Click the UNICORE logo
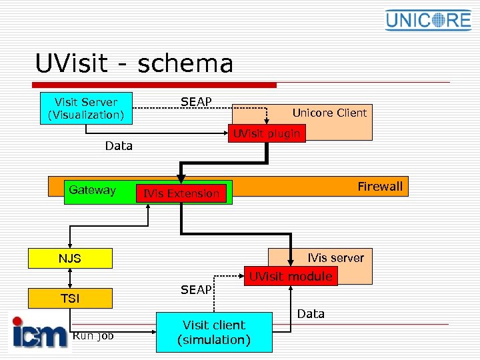428,20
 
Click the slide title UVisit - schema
134,64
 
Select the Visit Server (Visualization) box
86,108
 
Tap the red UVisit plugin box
266,133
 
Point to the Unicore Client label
329,113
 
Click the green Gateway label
92,190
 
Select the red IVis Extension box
181,193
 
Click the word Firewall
379,187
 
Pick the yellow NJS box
69,258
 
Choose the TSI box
69,299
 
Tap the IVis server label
335,258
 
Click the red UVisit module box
291,276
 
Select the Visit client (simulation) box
214,332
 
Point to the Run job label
93,336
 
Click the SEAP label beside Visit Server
196,102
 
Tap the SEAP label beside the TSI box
196,290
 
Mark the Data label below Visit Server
119,145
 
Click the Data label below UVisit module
311,313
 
